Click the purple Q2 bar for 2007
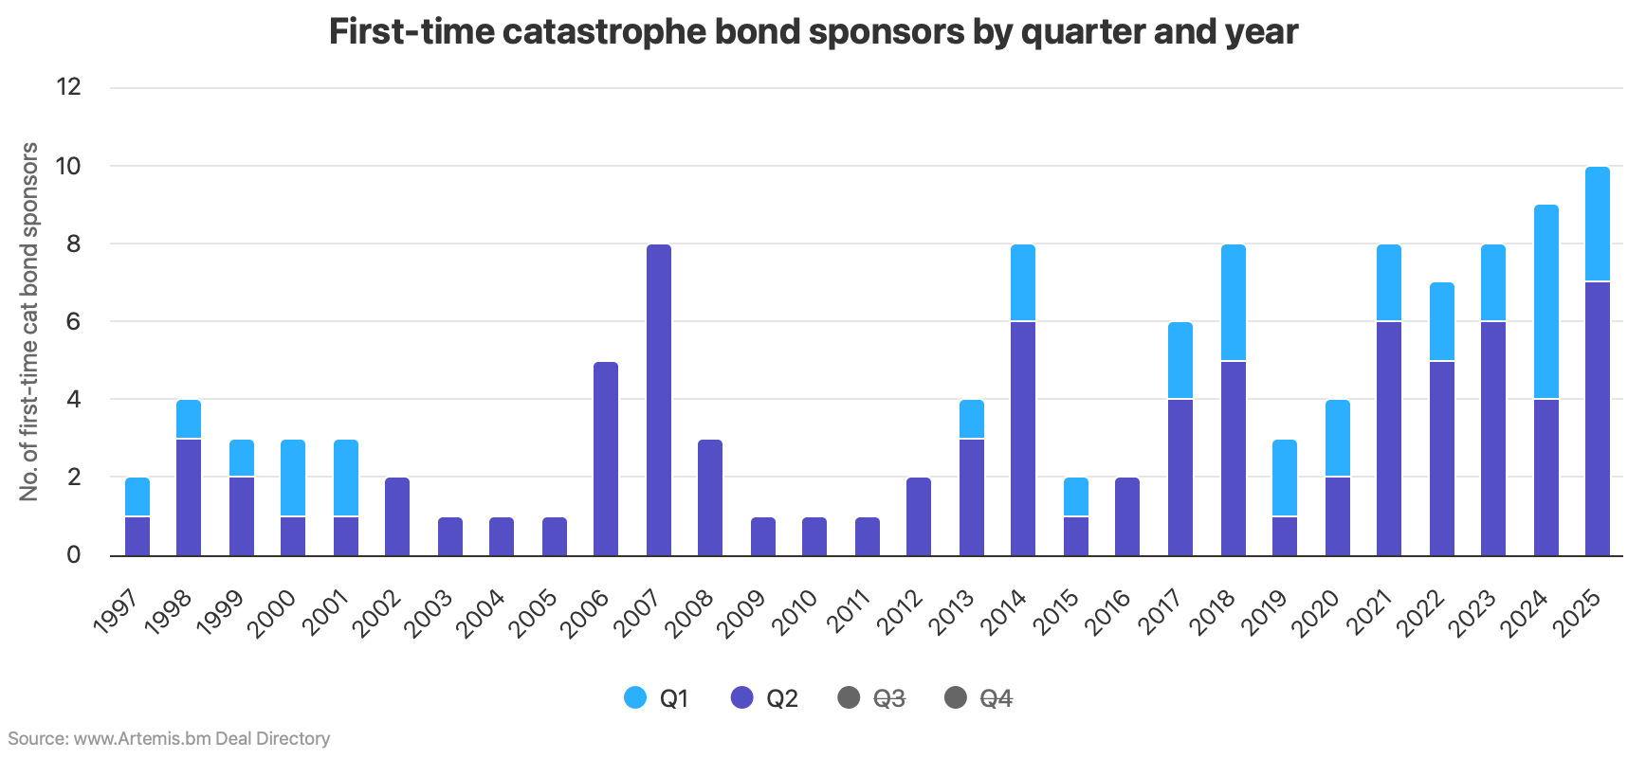click(659, 400)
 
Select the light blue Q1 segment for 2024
click(1546, 301)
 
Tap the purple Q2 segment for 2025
click(1598, 418)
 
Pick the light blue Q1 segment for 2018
click(1234, 302)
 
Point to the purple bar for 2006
click(606, 459)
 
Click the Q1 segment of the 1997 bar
click(137, 496)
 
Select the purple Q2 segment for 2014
click(1023, 438)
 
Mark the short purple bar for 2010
click(814, 536)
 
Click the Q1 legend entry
click(656, 699)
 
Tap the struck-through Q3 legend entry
click(871, 699)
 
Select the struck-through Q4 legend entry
click(978, 699)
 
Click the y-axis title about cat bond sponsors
click(29, 322)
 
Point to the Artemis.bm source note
click(169, 738)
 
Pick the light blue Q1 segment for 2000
click(293, 478)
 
